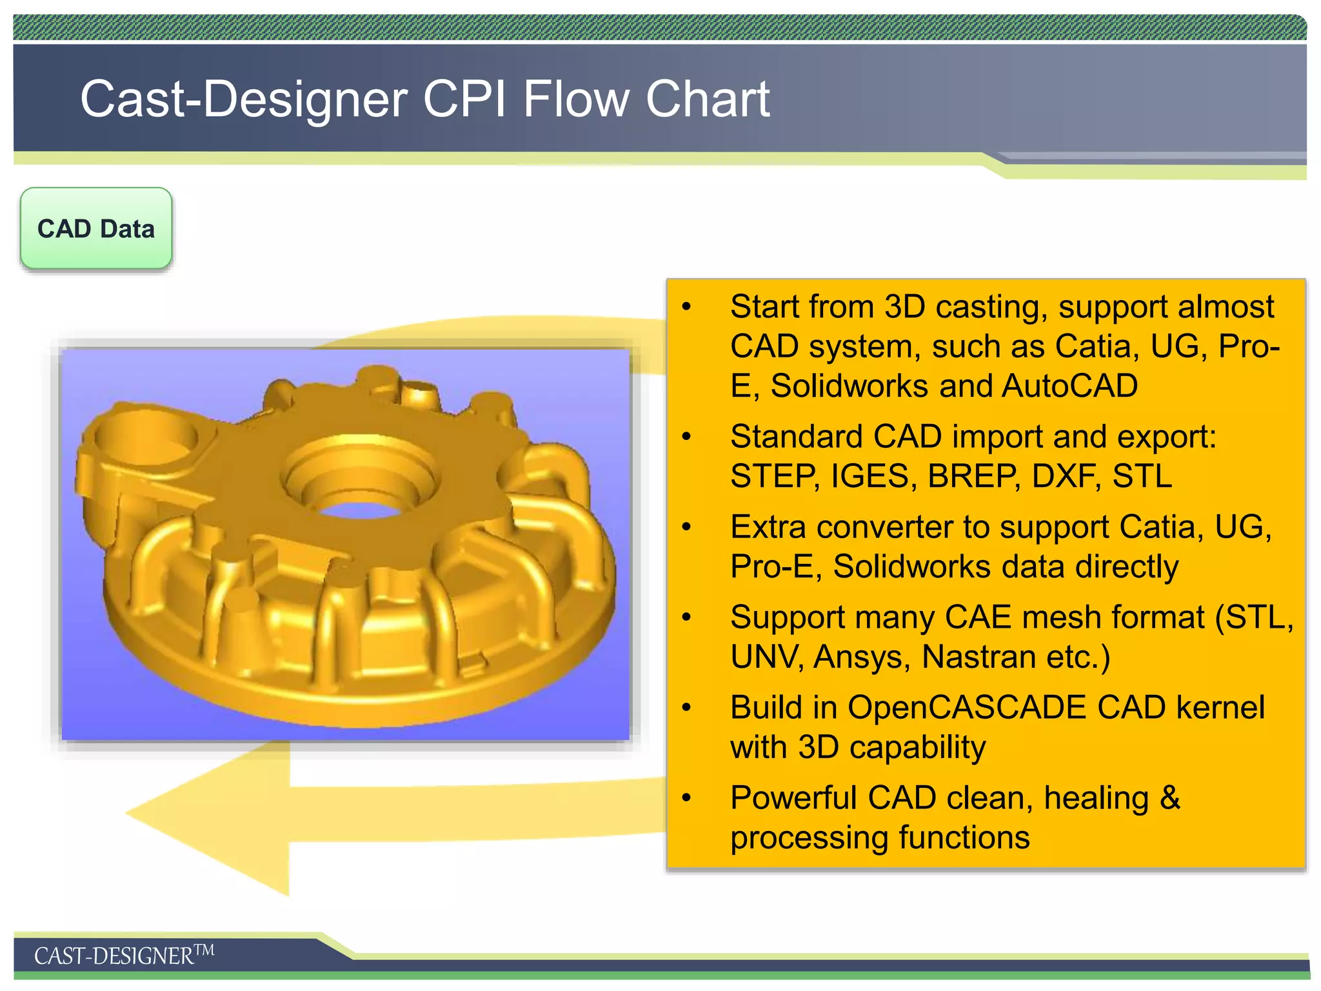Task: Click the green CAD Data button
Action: coord(96,228)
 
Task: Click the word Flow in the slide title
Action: coord(576,99)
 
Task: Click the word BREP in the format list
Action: coord(974,476)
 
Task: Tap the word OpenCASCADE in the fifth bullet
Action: coord(967,707)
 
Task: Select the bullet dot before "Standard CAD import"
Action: coord(686,437)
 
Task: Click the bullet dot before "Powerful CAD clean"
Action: coord(686,798)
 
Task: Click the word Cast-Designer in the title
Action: coord(244,99)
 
